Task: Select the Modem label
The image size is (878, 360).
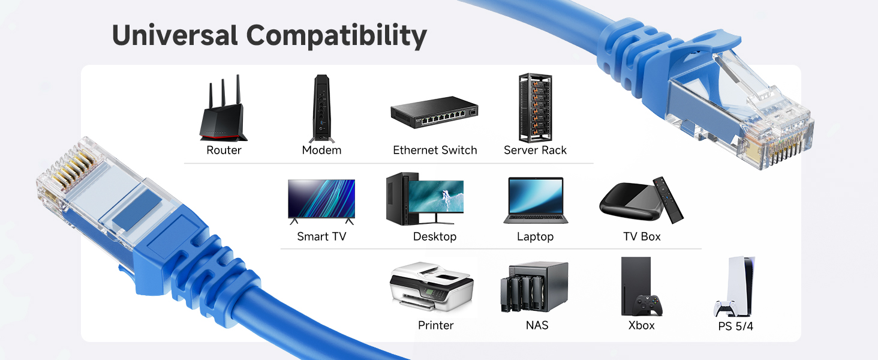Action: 321,150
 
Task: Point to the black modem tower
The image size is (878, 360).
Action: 321,109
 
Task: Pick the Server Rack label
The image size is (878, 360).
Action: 535,150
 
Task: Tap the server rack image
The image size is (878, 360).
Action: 535,107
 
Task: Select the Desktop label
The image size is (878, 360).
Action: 435,237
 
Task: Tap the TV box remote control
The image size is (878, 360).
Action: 668,200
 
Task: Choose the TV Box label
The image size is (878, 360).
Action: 642,237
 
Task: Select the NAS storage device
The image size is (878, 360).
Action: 534,287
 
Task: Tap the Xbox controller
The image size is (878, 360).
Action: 648,305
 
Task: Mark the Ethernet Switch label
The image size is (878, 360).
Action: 435,150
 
